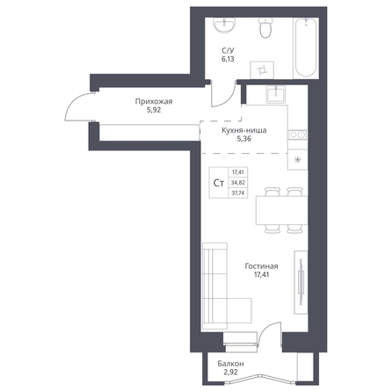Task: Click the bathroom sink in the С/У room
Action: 224,25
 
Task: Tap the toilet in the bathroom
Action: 265,27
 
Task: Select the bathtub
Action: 305,47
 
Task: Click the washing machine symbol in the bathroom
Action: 262,70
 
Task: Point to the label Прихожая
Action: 154,102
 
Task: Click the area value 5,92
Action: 154,110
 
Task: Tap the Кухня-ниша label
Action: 244,130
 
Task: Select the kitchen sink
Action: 276,94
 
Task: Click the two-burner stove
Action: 298,134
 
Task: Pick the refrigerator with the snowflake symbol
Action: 298,160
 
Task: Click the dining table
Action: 281,210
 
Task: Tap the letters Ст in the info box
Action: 219,183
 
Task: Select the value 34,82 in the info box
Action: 238,183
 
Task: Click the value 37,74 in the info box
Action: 238,193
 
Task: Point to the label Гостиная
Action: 261,266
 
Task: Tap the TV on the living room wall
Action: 301,276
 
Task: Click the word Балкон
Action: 230,364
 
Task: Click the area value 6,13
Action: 228,59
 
